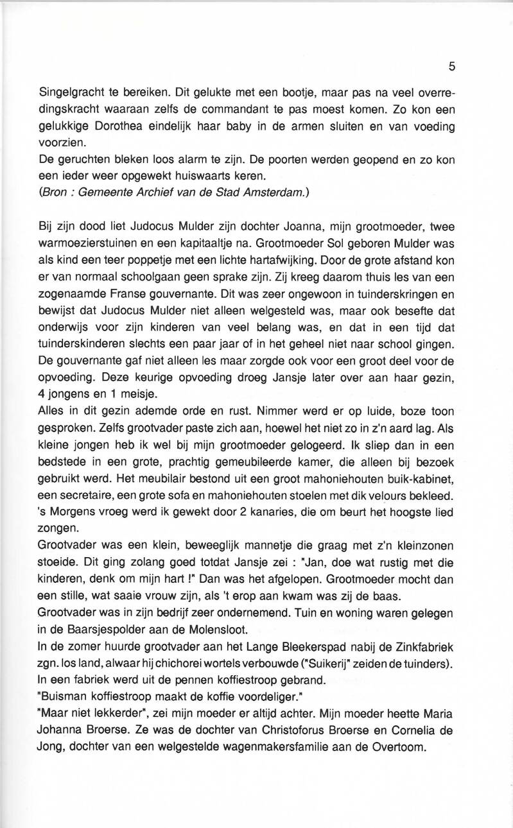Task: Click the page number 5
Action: tap(452, 66)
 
